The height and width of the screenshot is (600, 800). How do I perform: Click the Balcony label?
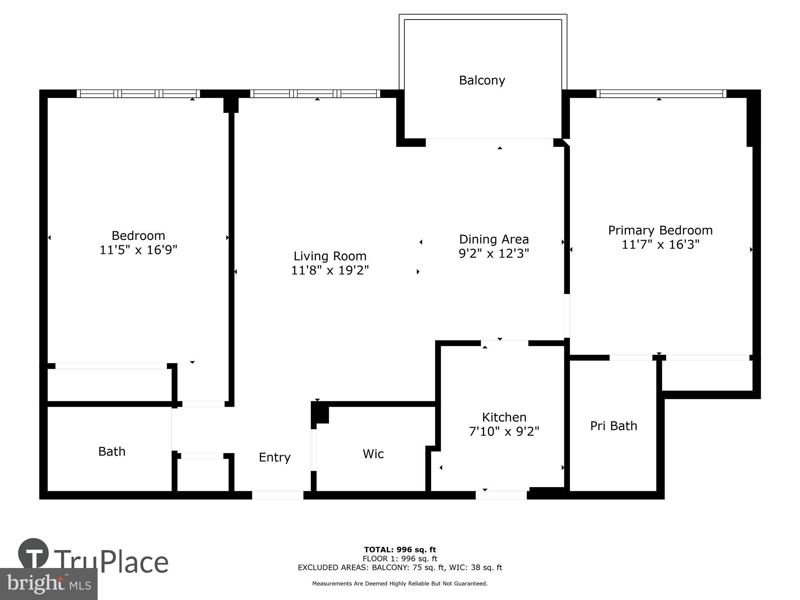click(x=482, y=80)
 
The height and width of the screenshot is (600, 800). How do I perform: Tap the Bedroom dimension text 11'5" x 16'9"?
click(x=138, y=250)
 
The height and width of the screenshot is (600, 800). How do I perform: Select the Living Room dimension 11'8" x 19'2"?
click(x=330, y=270)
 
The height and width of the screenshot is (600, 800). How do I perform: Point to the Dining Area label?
click(x=494, y=239)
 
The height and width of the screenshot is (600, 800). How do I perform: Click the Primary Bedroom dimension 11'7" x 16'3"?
click(x=660, y=244)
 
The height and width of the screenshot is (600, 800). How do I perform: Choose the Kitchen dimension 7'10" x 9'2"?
click(x=504, y=432)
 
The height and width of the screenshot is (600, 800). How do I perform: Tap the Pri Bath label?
click(x=613, y=426)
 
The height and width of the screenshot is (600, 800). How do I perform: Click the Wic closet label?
click(x=373, y=454)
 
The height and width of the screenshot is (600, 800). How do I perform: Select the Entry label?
click(x=274, y=457)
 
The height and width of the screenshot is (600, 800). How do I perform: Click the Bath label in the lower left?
click(x=112, y=452)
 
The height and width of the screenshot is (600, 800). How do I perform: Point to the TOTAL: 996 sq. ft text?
click(x=400, y=550)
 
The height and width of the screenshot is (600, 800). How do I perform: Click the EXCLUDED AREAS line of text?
click(x=400, y=568)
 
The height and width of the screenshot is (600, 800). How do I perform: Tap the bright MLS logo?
click(x=49, y=584)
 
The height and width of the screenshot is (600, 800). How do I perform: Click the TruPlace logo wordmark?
click(x=111, y=562)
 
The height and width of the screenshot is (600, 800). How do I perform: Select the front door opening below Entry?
click(x=278, y=495)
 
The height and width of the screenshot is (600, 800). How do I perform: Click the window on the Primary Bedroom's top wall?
click(x=661, y=94)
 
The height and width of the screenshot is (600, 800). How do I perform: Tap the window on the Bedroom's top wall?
click(x=138, y=94)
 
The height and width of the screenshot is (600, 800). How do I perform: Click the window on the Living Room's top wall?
click(x=315, y=94)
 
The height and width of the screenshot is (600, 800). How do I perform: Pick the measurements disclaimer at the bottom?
click(x=400, y=584)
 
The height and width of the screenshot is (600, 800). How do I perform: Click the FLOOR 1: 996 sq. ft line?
click(x=400, y=559)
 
